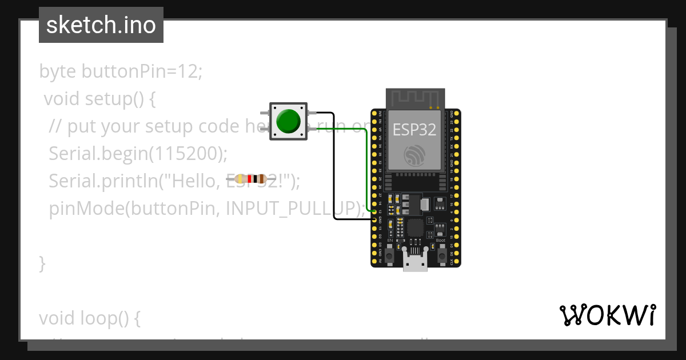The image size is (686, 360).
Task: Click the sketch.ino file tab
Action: coord(101,25)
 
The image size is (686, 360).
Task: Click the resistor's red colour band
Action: coord(249,179)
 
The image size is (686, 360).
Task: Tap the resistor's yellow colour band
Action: coord(240,179)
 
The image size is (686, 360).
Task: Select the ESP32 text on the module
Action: coord(414,130)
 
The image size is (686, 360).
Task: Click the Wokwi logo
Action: coord(607,315)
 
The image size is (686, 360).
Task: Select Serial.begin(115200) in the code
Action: coord(138,154)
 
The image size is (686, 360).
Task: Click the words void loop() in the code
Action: coord(89,318)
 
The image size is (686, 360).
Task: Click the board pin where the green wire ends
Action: coord(375,211)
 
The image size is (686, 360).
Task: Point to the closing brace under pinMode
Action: coord(42,263)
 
